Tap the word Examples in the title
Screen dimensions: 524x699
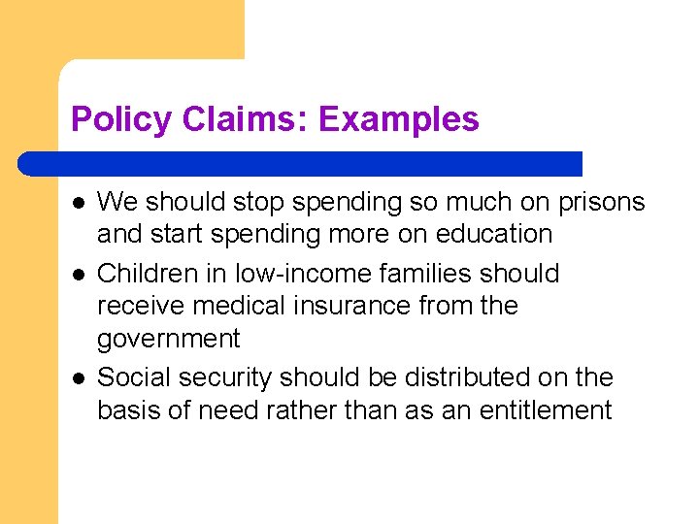(398, 119)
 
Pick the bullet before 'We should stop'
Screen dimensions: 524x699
(78, 203)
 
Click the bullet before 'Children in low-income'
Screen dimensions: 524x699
(78, 275)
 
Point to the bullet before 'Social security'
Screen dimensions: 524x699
(78, 379)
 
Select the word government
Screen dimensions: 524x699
(168, 340)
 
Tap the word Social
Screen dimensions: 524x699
(131, 377)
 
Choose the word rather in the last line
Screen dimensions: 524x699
(292, 410)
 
